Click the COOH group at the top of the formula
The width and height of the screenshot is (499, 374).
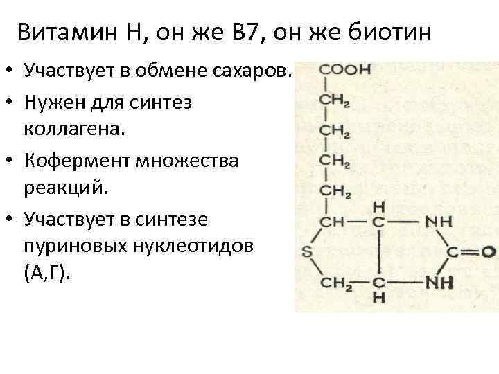point(344,70)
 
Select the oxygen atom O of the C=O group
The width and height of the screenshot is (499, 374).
point(490,251)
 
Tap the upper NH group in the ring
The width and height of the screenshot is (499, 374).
point(441,222)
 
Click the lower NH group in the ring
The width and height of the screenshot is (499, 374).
point(441,282)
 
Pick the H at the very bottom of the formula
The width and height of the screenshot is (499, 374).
point(378,299)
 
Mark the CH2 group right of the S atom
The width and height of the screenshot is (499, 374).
point(335,282)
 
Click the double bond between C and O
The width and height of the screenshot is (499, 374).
point(471,251)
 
